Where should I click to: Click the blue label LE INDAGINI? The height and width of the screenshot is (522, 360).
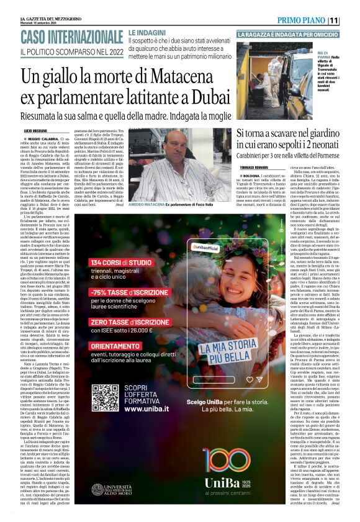(148, 31)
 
